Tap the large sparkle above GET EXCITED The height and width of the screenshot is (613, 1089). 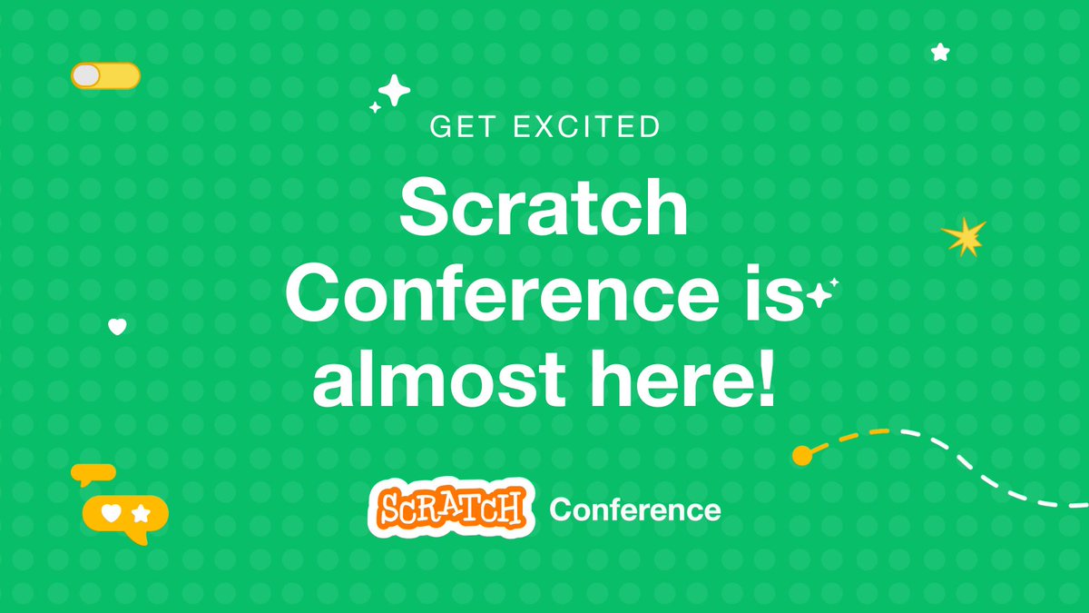tap(394, 91)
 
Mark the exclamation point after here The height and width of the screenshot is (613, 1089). tap(764, 381)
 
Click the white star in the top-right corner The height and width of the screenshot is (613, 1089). tap(940, 53)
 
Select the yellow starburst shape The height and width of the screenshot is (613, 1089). tap(963, 237)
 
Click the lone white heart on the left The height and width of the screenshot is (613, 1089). tap(117, 326)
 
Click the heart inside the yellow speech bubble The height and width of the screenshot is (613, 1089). tap(111, 514)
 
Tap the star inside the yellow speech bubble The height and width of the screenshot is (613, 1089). tap(141, 514)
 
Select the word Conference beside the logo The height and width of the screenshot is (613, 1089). tap(635, 510)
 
